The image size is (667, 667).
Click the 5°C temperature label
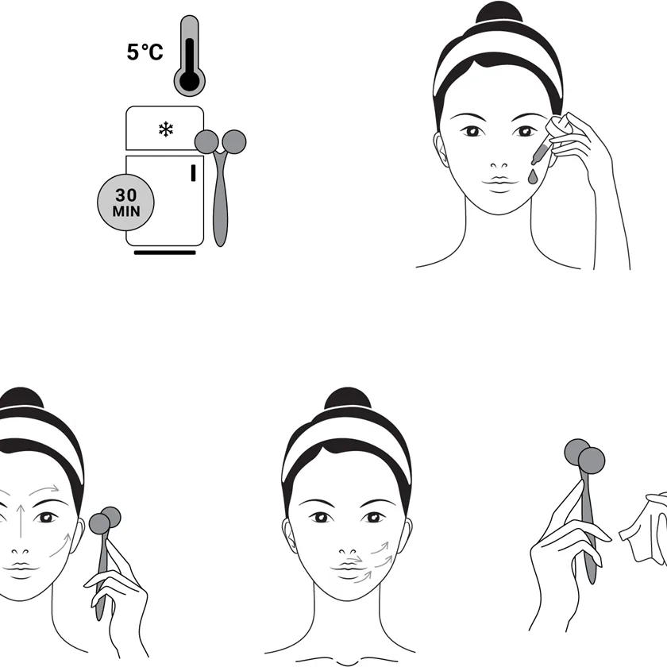(x=145, y=52)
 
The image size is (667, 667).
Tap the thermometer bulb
(x=189, y=80)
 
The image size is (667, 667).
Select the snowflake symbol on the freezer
(x=165, y=129)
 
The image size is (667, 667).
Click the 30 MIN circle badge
(x=126, y=202)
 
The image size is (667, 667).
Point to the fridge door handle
(x=193, y=173)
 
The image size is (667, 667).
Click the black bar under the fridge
(x=164, y=253)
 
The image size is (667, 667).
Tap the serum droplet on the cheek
(x=532, y=177)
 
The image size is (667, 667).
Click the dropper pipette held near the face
(x=548, y=141)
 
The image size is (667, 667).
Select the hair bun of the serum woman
(x=499, y=13)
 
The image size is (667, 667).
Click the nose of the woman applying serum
(x=499, y=165)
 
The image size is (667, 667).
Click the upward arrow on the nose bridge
(x=21, y=520)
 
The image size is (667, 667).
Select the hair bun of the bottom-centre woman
(x=348, y=399)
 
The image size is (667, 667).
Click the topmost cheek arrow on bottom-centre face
(x=380, y=548)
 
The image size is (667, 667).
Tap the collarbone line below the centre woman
(x=347, y=661)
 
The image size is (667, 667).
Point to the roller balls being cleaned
(x=585, y=456)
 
